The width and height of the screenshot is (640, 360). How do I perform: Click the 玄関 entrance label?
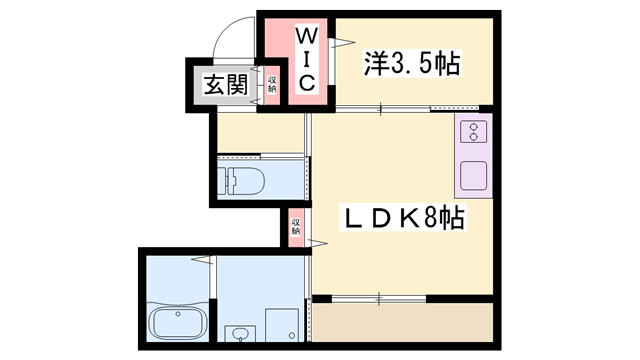tap(225, 85)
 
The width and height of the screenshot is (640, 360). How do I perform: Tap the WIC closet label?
tap(307, 61)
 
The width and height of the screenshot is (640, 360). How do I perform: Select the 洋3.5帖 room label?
tap(411, 64)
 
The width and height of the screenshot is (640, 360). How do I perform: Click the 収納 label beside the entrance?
tap(271, 82)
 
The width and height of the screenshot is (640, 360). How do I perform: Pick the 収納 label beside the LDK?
tap(295, 225)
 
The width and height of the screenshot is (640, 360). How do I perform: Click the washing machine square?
tap(284, 325)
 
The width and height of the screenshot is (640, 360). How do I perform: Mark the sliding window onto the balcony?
tap(380, 298)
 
